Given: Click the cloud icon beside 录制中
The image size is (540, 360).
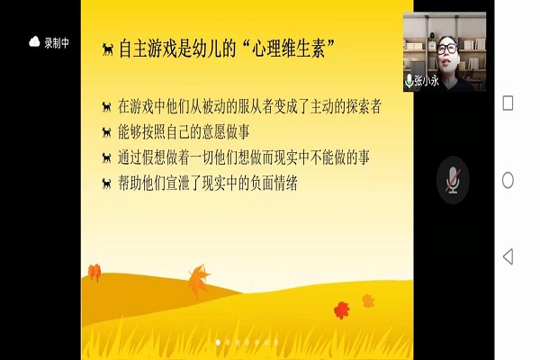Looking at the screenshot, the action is [x=34, y=41].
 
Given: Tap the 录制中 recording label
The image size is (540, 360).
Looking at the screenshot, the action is [x=57, y=42].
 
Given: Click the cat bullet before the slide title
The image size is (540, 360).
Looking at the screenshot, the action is [x=108, y=49].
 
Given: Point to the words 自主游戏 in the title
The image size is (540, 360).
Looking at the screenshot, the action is [x=142, y=49].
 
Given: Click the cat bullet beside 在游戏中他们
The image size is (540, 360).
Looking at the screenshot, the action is [x=107, y=107].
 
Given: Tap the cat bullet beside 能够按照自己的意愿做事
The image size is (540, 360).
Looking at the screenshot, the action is [x=107, y=132].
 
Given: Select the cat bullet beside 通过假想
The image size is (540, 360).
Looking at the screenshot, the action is [x=107, y=157].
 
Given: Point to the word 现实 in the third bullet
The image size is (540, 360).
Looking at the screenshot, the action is [x=286, y=157].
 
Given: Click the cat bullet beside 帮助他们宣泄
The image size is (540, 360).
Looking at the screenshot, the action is [x=107, y=184].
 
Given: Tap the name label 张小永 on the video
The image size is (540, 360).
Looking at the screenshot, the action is [x=427, y=81].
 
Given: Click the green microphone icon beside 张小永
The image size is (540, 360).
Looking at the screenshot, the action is [x=409, y=81].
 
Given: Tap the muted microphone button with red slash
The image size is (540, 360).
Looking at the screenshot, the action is [x=453, y=180].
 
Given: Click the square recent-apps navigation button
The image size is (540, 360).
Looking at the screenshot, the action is [x=508, y=103].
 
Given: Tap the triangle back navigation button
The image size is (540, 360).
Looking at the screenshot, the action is [x=508, y=256].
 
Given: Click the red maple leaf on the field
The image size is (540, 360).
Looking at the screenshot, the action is [x=342, y=310].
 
